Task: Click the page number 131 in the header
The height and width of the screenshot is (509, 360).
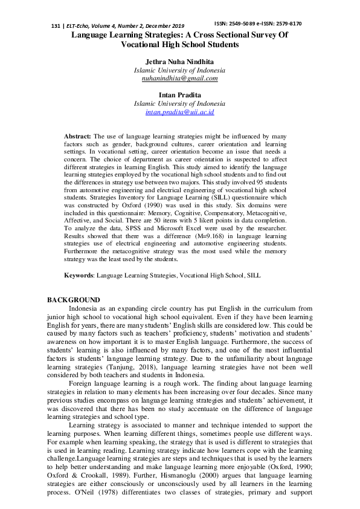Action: [56, 27]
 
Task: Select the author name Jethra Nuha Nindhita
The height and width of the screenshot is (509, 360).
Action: [179, 62]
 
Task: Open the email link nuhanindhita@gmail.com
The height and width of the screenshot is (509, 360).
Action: [179, 78]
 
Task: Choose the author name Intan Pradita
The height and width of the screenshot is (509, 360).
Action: [179, 95]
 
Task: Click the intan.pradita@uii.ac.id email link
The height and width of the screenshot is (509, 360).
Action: [179, 112]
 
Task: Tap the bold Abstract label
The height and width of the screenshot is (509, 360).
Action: [78, 137]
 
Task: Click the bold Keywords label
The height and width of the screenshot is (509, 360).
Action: [80, 275]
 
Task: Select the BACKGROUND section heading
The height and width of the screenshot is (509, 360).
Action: [74, 300]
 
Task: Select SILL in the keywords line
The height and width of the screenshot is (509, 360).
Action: [253, 275]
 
